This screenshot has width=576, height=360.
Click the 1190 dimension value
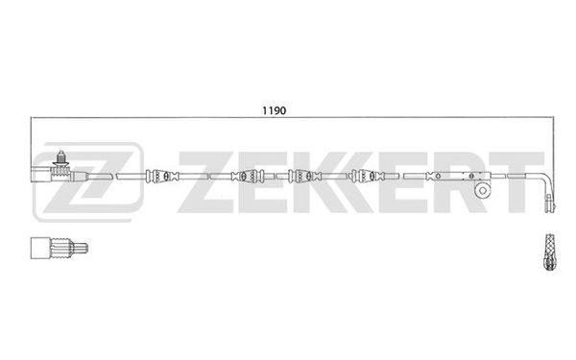coord(274,110)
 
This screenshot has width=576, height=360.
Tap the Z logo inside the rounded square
coord(87,181)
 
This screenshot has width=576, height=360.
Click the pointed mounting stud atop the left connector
coord(60,158)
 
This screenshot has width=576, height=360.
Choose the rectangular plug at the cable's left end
coord(41,175)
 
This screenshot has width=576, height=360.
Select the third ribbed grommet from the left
coord(305,177)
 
